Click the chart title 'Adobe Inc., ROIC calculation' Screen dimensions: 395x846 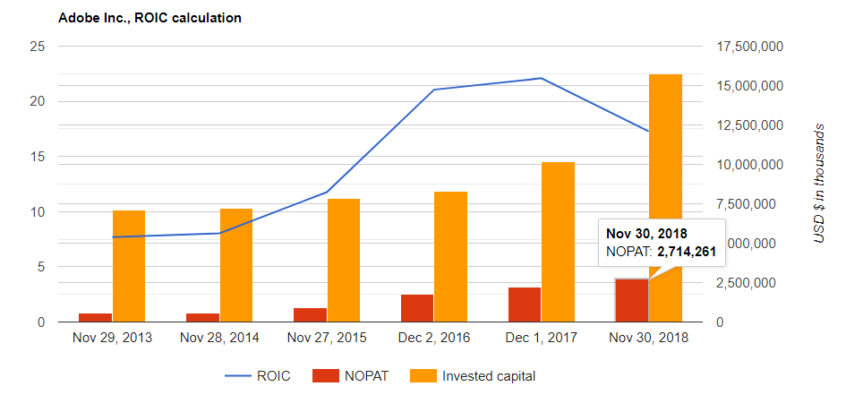(x=150, y=18)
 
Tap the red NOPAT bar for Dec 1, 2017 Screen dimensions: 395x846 (x=525, y=305)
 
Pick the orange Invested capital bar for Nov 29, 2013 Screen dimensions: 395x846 (x=129, y=266)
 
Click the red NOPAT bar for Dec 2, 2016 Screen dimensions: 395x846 (x=417, y=308)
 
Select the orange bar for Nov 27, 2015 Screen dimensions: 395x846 (x=344, y=260)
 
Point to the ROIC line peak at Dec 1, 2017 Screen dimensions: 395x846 (x=541, y=78)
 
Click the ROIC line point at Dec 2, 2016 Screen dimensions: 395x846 (x=434, y=90)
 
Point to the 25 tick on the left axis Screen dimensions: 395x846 (x=37, y=47)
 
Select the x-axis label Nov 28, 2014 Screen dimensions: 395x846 (x=219, y=338)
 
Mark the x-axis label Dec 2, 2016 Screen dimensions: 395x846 (x=434, y=338)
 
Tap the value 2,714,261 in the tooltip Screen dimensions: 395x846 (x=687, y=252)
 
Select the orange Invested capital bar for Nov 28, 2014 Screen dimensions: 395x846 (x=236, y=265)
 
